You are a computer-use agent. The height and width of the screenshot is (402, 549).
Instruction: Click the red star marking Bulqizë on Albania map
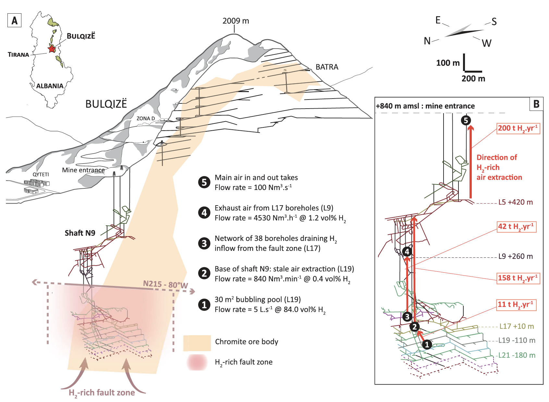point(52,49)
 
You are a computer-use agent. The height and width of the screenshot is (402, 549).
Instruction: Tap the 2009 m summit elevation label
point(236,21)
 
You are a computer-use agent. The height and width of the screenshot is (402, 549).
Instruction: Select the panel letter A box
point(14,20)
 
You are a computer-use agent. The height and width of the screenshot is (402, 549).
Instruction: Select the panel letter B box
point(536,104)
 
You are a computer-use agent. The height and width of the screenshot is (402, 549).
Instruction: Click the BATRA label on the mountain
point(327,67)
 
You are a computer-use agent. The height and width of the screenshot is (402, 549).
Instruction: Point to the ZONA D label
point(145,118)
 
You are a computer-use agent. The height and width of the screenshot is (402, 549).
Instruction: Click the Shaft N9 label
point(80,233)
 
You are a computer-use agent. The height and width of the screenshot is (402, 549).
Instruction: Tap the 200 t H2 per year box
point(518,128)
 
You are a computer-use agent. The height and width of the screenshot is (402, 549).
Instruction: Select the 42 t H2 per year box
point(517,227)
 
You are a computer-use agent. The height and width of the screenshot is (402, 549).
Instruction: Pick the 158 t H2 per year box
point(518,278)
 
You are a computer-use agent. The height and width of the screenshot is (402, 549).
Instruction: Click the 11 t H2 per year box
point(516,305)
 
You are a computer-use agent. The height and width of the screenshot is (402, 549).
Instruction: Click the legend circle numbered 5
point(204,182)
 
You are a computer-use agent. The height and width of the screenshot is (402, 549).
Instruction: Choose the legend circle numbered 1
point(204,304)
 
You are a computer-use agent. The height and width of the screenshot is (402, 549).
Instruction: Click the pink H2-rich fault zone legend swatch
point(197,362)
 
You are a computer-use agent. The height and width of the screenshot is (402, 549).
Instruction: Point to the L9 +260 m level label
point(515,256)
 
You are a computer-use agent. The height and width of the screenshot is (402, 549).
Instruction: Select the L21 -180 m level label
point(517,355)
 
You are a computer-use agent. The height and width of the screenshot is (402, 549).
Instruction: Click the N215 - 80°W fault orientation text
point(165,285)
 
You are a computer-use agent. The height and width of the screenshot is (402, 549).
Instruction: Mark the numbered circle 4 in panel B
point(407,251)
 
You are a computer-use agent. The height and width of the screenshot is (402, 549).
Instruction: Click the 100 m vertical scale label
point(447,63)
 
